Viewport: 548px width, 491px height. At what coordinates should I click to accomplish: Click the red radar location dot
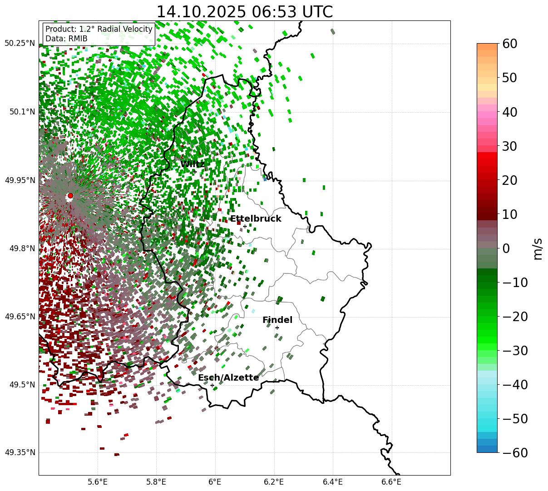(70, 196)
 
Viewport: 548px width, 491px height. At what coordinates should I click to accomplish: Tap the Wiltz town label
(192, 164)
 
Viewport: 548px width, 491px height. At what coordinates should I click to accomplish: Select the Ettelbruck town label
(256, 219)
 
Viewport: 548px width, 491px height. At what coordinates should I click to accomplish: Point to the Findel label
(277, 320)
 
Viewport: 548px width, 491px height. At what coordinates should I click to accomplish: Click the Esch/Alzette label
(228, 378)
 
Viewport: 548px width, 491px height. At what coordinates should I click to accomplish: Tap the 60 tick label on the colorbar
(510, 44)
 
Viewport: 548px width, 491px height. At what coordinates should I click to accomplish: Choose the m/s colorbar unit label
(538, 248)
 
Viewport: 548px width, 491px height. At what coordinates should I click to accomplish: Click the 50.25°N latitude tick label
(20, 44)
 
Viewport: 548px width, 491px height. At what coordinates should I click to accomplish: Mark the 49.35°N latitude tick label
(20, 452)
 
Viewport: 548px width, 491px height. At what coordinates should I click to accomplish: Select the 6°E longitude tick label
(215, 481)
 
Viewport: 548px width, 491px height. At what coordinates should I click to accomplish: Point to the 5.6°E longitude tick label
(98, 481)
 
